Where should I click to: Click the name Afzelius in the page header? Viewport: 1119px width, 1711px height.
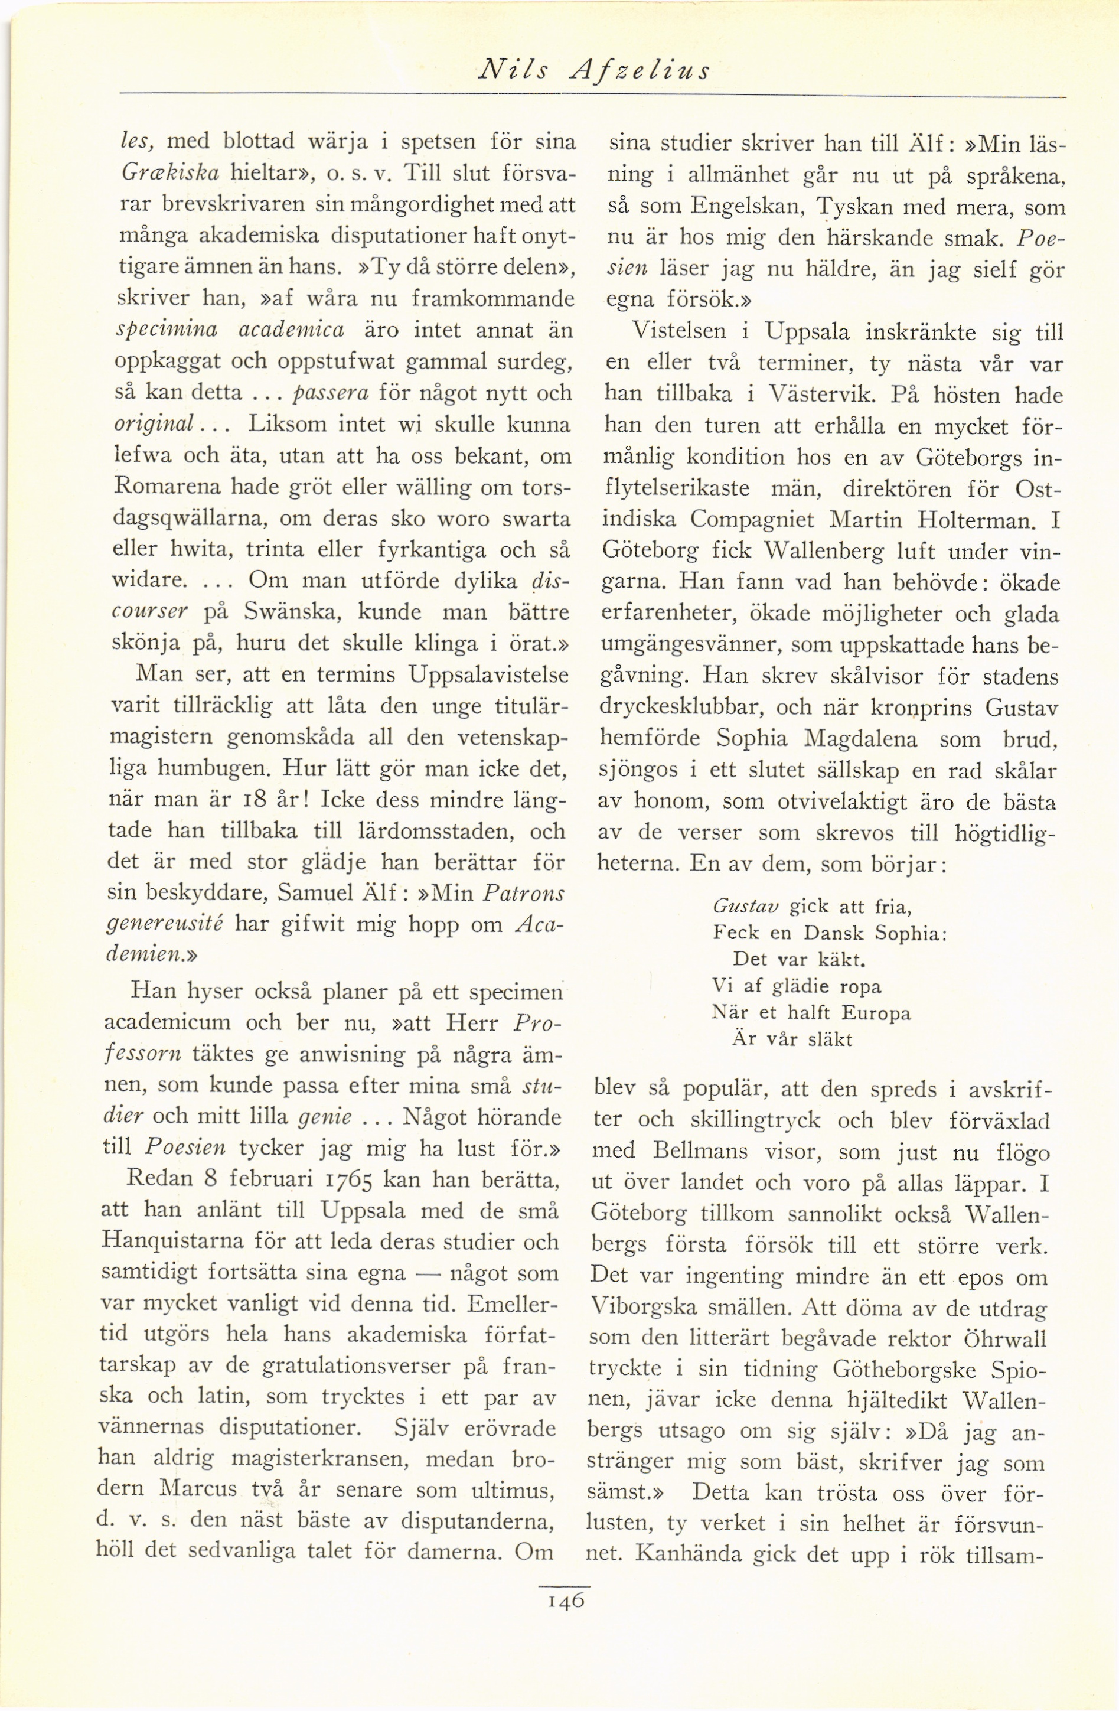coord(639,70)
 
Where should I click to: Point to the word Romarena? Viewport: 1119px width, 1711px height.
coord(168,487)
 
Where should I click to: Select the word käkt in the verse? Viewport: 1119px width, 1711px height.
coord(842,960)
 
